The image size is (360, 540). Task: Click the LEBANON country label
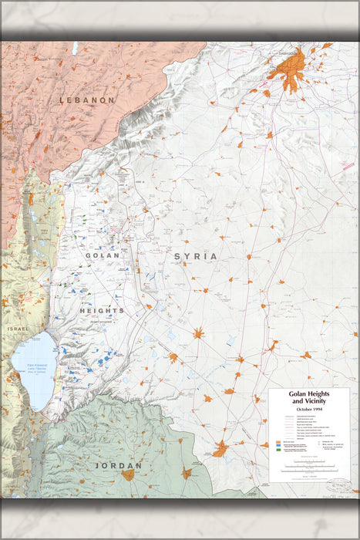pyautogui.click(x=87, y=100)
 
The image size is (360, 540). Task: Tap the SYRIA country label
pyautogui.click(x=195, y=256)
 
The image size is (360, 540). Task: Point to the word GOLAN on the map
pyautogui.click(x=103, y=255)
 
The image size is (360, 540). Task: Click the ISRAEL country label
pyautogui.click(x=17, y=329)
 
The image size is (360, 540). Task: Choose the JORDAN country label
pyautogui.click(x=118, y=466)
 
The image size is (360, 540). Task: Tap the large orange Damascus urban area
pyautogui.click(x=291, y=74)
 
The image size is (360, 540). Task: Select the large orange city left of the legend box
pyautogui.click(x=220, y=448)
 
